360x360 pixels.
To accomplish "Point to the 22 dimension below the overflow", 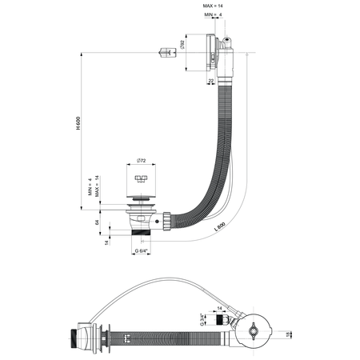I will coord(211,81).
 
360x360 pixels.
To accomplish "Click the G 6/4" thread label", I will coord(141,252).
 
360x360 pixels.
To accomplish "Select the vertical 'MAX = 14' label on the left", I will coord(98,186).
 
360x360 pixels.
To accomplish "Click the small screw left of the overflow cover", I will coord(166,54).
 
